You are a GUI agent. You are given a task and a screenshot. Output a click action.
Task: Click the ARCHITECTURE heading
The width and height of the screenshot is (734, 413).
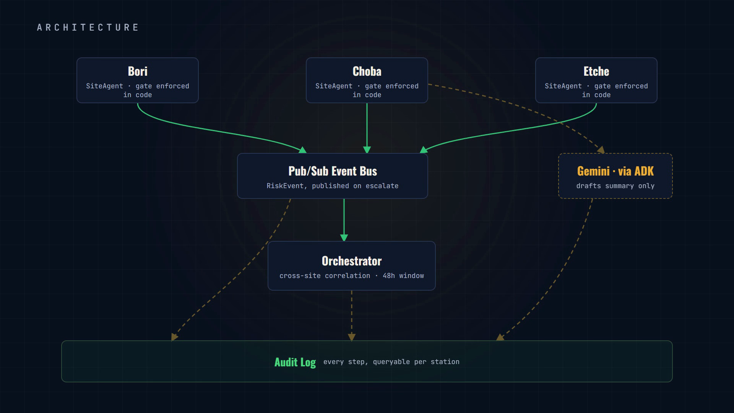(88, 28)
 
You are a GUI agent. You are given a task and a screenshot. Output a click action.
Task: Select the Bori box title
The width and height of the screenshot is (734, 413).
(138, 71)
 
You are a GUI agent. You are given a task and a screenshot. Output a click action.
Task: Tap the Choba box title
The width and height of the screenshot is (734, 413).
(367, 71)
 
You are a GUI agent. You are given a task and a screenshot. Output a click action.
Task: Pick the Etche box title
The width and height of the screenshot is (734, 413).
(596, 71)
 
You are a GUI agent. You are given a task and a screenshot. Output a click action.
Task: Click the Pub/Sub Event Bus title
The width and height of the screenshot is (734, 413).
(333, 171)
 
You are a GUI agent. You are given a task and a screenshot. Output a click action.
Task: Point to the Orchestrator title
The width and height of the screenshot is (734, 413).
(352, 261)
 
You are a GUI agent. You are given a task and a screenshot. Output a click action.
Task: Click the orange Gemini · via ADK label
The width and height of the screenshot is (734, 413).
(615, 171)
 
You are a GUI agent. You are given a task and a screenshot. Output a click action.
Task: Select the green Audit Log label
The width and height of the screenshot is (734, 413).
(295, 362)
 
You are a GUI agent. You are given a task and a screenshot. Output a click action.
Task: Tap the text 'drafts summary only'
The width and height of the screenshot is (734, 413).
(615, 186)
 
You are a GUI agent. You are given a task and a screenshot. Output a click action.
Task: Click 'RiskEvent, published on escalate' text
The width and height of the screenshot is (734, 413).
(333, 186)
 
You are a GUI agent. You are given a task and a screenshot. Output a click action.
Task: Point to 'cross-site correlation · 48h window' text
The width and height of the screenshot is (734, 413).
(352, 276)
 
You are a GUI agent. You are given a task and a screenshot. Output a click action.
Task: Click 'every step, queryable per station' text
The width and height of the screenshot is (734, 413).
(391, 362)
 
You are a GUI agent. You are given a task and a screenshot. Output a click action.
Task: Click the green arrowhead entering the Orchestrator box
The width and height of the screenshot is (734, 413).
(344, 237)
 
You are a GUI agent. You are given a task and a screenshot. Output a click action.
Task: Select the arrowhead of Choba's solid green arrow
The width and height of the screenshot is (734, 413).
(367, 150)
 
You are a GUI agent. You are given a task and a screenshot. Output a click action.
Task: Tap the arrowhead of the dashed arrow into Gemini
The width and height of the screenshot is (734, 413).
(601, 150)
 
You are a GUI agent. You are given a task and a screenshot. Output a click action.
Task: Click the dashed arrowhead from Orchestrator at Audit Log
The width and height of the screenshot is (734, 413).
(352, 337)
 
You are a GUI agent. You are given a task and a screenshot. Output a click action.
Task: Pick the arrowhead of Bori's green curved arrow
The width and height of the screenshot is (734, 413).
(303, 150)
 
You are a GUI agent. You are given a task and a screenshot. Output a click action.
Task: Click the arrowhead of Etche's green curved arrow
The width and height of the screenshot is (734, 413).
(424, 150)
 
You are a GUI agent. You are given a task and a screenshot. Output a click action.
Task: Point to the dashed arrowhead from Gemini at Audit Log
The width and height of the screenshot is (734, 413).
(500, 337)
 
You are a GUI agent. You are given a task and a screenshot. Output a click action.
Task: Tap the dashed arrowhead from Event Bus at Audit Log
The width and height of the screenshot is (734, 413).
(174, 337)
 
